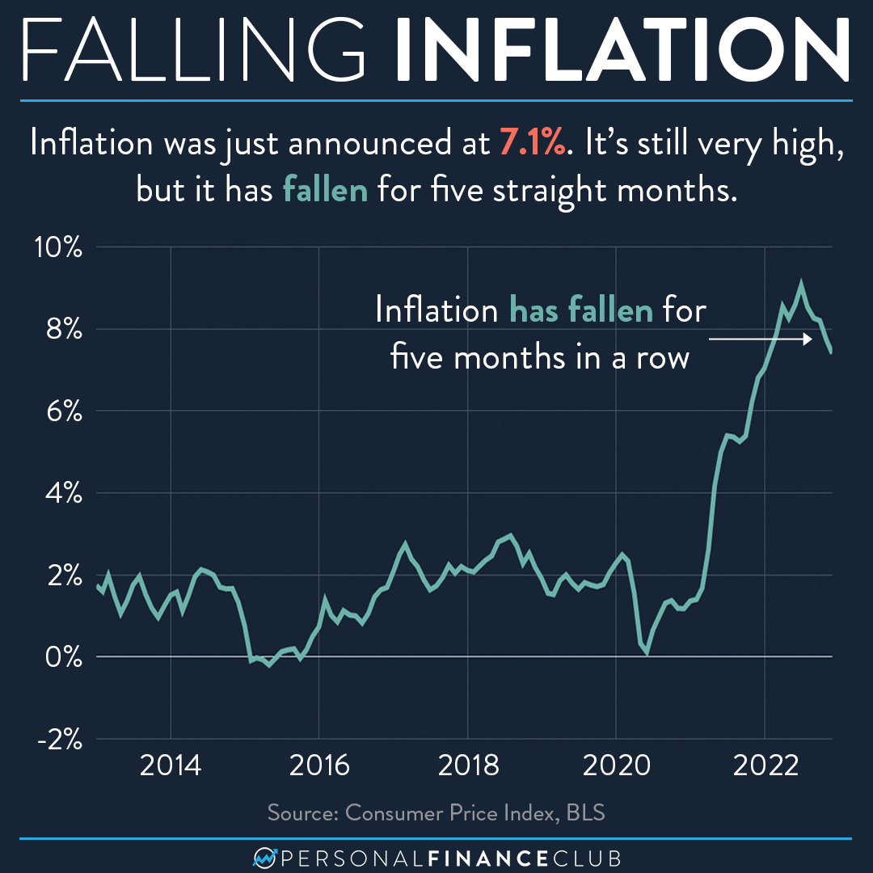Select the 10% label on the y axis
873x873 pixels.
[57, 247]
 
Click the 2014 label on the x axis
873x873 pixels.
[171, 765]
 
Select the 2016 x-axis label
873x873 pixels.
[318, 765]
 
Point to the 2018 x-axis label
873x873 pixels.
[467, 765]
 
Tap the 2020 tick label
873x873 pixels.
[616, 765]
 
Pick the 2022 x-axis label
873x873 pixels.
[764, 765]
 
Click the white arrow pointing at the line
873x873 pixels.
[760, 340]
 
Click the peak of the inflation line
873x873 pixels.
[800, 284]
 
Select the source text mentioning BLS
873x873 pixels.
[436, 812]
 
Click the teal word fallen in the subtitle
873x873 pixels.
[324, 190]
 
